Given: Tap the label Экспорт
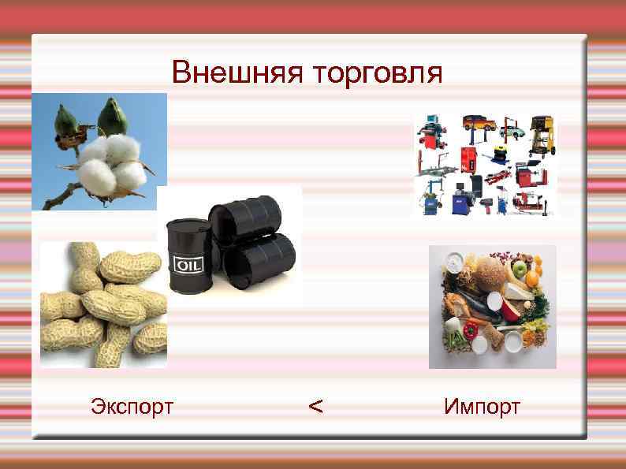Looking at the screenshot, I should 132,407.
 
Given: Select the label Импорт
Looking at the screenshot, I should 482,407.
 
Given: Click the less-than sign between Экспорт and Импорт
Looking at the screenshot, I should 315,407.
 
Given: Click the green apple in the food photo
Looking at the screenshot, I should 519,269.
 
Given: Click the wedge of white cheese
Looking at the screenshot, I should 517,293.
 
